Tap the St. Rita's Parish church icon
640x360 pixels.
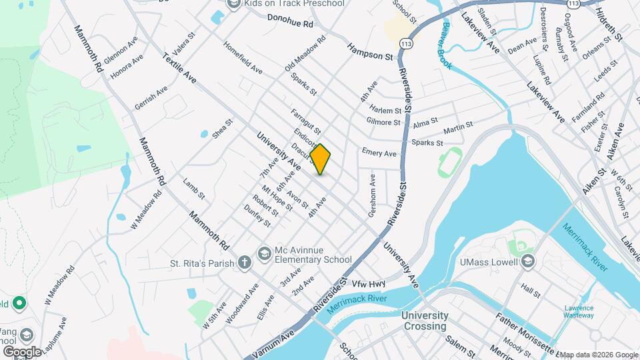click(x=245, y=262)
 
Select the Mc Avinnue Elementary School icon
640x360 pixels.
click(x=265, y=253)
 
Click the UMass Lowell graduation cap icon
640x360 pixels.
click(x=529, y=261)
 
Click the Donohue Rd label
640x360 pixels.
click(x=290, y=23)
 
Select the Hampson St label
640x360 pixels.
click(x=370, y=52)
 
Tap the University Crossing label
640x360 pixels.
click(x=424, y=321)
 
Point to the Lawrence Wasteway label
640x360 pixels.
click(x=579, y=313)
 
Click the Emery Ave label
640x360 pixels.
click(x=379, y=153)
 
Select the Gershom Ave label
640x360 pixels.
click(x=373, y=195)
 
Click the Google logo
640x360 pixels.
click(x=22, y=351)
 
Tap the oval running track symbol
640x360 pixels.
click(x=450, y=162)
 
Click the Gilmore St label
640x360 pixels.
click(x=383, y=122)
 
